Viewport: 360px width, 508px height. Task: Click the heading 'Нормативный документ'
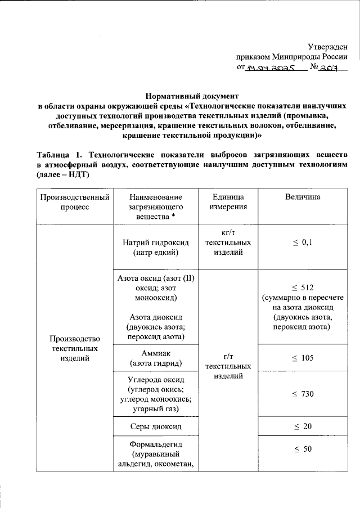[193, 96]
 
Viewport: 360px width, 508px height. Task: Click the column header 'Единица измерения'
[228, 202]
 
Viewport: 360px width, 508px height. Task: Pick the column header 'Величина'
[303, 197]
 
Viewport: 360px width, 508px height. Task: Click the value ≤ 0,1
[303, 242]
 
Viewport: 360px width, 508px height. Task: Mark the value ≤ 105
[303, 358]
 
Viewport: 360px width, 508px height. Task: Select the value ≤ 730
[303, 394]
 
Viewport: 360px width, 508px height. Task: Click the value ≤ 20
[303, 426]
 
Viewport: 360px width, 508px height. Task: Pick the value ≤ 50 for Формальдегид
[303, 449]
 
